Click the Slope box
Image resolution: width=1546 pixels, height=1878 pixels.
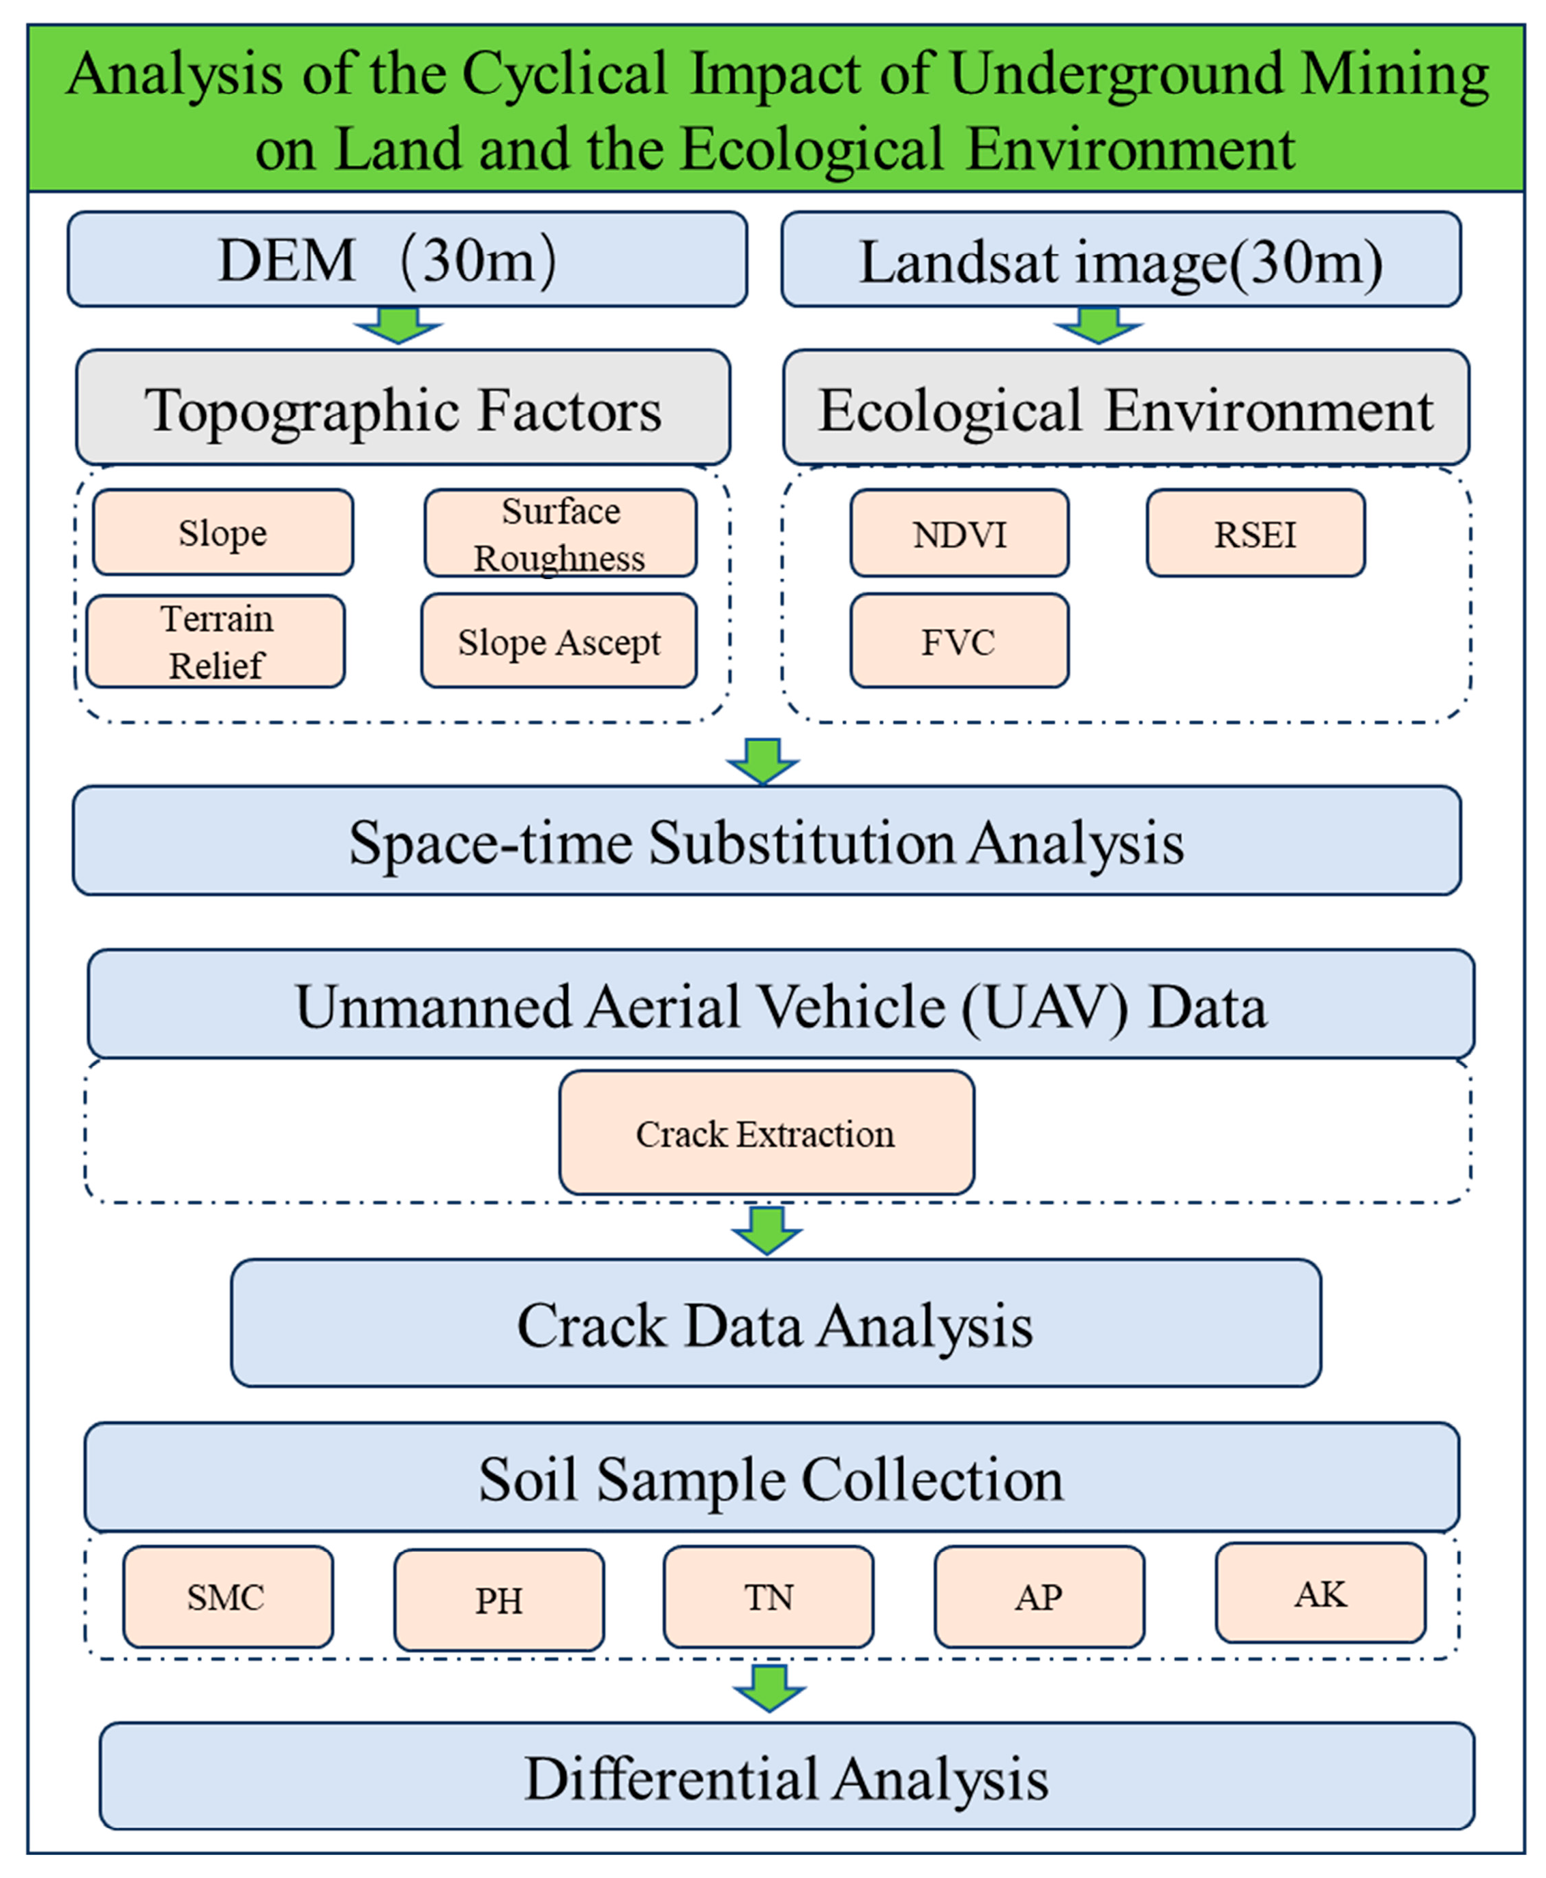(x=222, y=533)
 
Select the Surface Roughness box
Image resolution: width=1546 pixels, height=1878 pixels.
(x=560, y=533)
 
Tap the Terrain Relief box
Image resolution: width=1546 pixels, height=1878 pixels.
(x=215, y=641)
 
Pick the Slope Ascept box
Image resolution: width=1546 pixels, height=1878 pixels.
(x=559, y=641)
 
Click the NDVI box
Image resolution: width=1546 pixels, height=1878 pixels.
(x=959, y=533)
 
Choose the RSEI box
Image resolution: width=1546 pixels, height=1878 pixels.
(x=1255, y=533)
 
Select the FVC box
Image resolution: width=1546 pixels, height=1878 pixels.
(x=959, y=641)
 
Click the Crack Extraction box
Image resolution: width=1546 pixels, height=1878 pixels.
(x=766, y=1133)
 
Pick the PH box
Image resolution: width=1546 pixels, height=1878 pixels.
(x=499, y=1600)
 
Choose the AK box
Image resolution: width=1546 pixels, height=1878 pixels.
(x=1320, y=1593)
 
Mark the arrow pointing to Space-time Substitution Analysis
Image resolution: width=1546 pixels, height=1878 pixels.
(x=763, y=760)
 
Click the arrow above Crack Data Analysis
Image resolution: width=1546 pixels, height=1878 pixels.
(x=767, y=1229)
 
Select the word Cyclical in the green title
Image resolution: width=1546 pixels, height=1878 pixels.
(x=564, y=75)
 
